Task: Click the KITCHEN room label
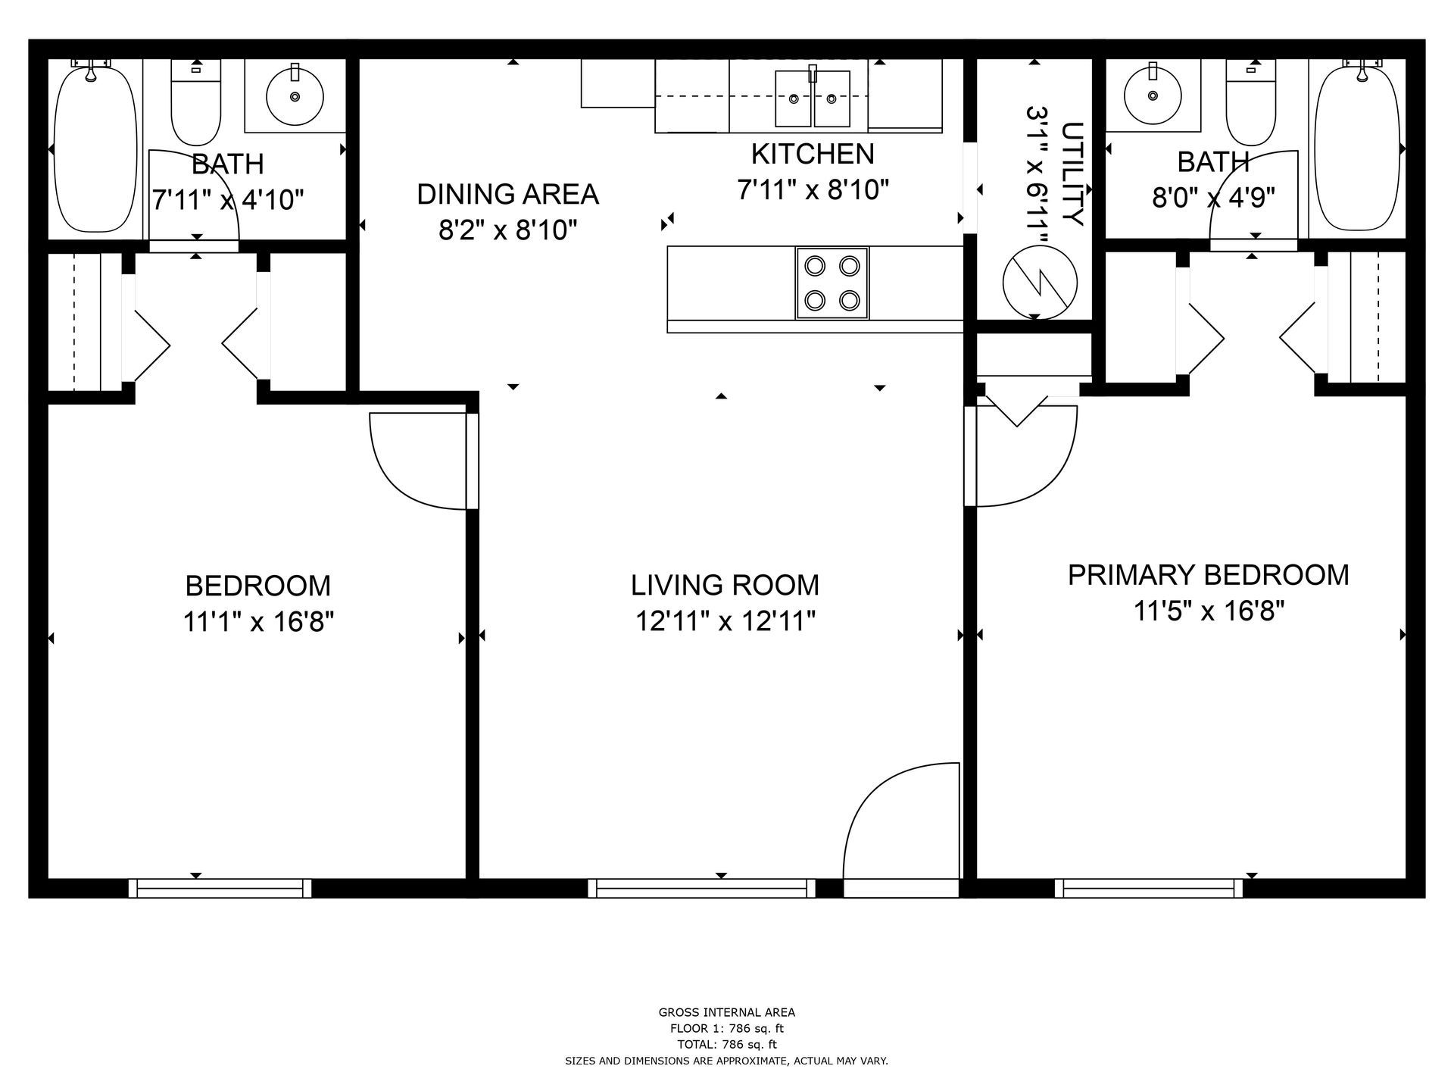(812, 154)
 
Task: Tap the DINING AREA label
(507, 194)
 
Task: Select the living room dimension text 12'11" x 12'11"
(725, 622)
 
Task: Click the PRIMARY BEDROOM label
(1208, 575)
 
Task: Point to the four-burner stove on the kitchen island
(832, 283)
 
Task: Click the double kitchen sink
(812, 98)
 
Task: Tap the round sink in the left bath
(295, 96)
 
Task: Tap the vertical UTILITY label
(1072, 174)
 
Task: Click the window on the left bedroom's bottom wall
(220, 888)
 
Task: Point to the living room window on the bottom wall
(701, 888)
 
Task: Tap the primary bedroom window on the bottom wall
(1148, 888)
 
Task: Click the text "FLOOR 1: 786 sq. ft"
(726, 1028)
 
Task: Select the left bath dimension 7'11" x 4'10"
(228, 200)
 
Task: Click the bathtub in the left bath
(95, 148)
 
